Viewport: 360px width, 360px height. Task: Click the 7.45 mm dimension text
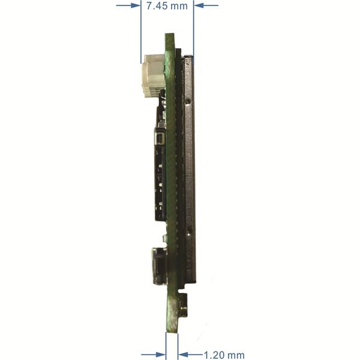[167, 6]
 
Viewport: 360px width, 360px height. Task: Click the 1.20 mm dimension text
[224, 355]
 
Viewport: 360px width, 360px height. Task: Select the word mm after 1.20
[235, 355]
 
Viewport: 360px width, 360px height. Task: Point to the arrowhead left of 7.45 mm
[136, 5]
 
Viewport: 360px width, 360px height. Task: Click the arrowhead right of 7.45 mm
[199, 5]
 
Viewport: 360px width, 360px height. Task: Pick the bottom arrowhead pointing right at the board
[161, 355]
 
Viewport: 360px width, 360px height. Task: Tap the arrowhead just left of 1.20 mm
[183, 355]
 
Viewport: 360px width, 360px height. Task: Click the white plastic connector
[153, 76]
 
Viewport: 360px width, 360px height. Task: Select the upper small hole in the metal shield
[188, 101]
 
